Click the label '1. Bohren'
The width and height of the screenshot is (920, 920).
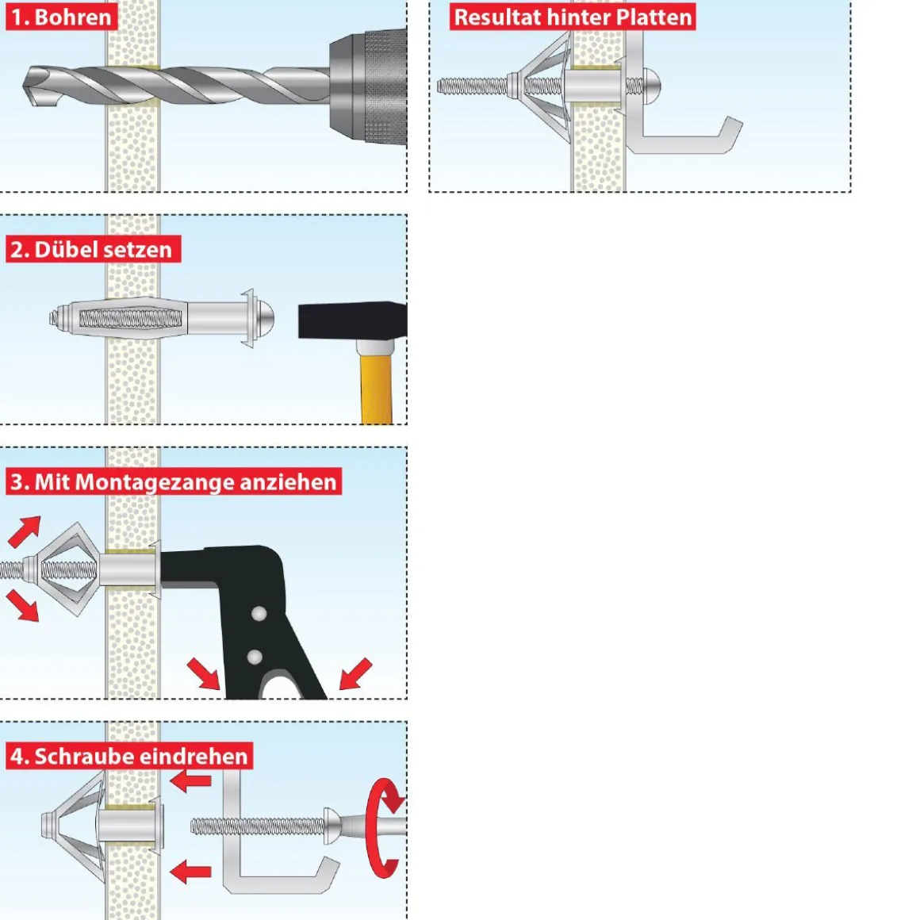(62, 17)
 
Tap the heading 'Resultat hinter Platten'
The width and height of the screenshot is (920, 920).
(573, 17)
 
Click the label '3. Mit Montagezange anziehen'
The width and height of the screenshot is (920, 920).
(174, 481)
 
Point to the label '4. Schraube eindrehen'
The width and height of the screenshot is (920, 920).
(129, 756)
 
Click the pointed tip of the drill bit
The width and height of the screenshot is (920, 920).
(24, 86)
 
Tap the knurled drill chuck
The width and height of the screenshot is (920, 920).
(369, 86)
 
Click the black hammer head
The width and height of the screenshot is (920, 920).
(353, 321)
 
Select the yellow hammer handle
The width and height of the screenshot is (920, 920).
(376, 385)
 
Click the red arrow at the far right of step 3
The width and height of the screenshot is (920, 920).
(355, 673)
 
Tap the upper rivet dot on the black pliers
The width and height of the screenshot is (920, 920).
(259, 615)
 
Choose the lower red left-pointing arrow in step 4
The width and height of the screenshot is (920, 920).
(190, 872)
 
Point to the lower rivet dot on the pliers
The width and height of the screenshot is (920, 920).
(255, 657)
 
